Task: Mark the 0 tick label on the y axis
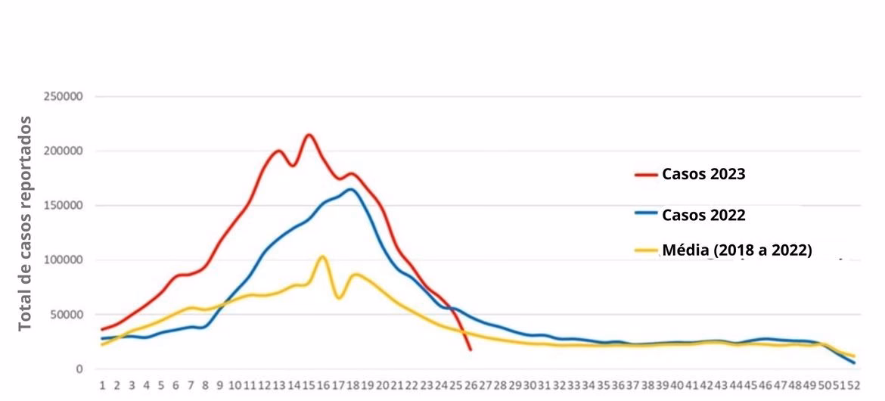coord(78,369)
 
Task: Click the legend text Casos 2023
coord(703,174)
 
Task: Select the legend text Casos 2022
coord(703,215)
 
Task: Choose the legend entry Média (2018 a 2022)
coord(737,250)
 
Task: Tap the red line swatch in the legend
coord(646,175)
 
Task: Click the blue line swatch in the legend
coord(646,215)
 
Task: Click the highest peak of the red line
coord(309,135)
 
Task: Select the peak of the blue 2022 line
coord(351,189)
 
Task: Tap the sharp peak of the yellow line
coord(322,256)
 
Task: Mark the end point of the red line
coord(470,350)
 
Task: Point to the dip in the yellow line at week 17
coord(339,297)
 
